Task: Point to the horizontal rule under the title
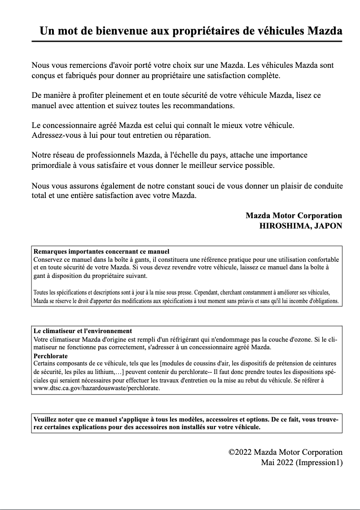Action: click(187, 41)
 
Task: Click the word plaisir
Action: click(297, 186)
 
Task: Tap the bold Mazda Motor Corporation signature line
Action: click(294, 215)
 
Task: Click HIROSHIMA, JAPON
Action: click(301, 226)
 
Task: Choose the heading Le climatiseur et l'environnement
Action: click(83, 331)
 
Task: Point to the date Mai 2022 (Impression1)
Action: click(302, 462)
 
